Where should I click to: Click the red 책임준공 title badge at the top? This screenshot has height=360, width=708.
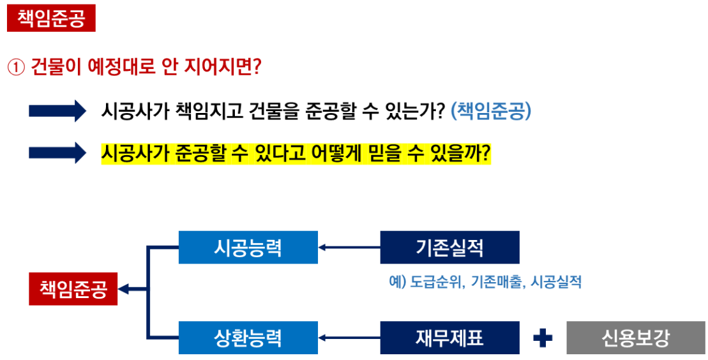click(51, 19)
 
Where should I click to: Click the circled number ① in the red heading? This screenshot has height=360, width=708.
click(15, 67)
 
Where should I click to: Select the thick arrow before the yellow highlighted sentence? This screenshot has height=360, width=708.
click(57, 153)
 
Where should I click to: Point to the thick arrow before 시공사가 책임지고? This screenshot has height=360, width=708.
click(57, 111)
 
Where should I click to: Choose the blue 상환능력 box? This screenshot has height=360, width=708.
click(248, 338)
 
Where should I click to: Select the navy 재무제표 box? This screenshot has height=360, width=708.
click(449, 338)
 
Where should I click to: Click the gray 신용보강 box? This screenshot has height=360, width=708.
click(636, 338)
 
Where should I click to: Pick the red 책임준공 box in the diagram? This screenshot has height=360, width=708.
click(73, 290)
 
